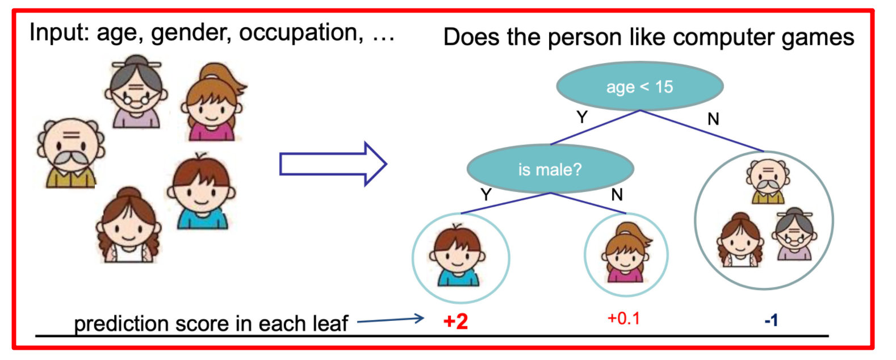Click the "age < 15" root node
click(x=639, y=86)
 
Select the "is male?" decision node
click(x=550, y=169)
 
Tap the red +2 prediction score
click(x=455, y=321)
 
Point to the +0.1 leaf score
click(x=623, y=319)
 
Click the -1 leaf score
click(x=771, y=320)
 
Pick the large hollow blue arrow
click(x=333, y=164)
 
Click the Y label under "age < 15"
click(x=583, y=117)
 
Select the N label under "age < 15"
click(x=713, y=119)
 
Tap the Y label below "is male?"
click(x=486, y=194)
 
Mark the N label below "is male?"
click(x=617, y=195)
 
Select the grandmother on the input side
click(x=136, y=91)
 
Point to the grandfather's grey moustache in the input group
click(x=71, y=158)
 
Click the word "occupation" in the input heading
click(x=301, y=33)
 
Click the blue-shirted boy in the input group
click(x=201, y=192)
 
